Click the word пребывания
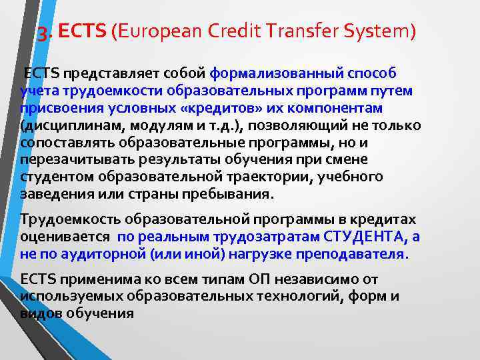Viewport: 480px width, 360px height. pyautogui.click(x=227, y=195)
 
